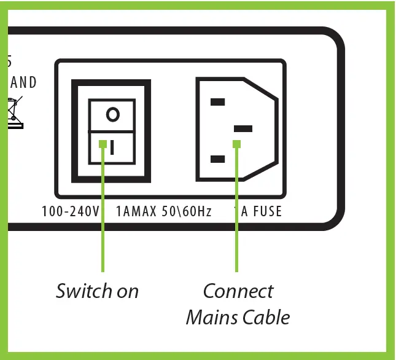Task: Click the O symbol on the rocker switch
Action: click(x=112, y=114)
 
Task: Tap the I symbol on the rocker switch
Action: click(x=112, y=147)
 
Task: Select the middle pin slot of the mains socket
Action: click(x=244, y=128)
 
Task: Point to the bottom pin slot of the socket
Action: click(x=217, y=159)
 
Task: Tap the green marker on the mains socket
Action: click(x=236, y=144)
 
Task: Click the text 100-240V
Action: click(x=71, y=212)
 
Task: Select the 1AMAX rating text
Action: click(x=136, y=212)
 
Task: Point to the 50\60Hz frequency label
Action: click(x=187, y=212)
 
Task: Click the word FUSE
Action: click(x=265, y=212)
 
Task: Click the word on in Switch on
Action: click(x=127, y=291)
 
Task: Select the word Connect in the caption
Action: click(x=238, y=291)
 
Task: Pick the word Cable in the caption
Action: click(x=266, y=317)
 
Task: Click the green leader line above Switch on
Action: click(x=103, y=240)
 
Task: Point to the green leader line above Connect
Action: click(x=236, y=240)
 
